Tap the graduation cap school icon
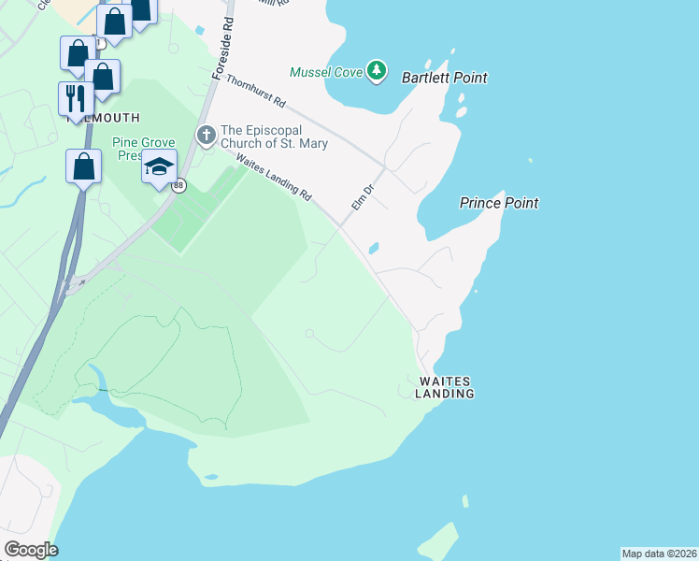pyautogui.click(x=159, y=166)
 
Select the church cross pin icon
pyautogui.click(x=206, y=137)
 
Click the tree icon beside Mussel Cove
pyautogui.click(x=376, y=70)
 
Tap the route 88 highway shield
pyautogui.click(x=178, y=186)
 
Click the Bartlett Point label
pyautogui.click(x=445, y=78)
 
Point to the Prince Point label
pyautogui.click(x=499, y=203)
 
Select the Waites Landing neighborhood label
pyautogui.click(x=445, y=387)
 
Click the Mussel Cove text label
pyautogui.click(x=324, y=72)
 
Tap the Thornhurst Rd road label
pyautogui.click(x=255, y=91)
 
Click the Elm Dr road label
pyautogui.click(x=362, y=195)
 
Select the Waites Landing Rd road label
pyautogui.click(x=274, y=177)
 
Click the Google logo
pyautogui.click(x=30, y=550)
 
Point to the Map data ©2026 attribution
pyautogui.click(x=659, y=554)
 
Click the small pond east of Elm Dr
pyautogui.click(x=374, y=249)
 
